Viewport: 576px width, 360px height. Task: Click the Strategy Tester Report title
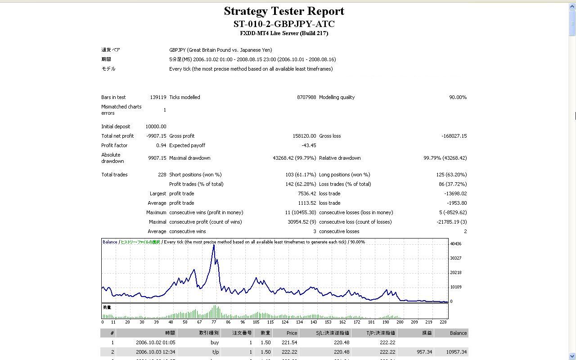(x=284, y=11)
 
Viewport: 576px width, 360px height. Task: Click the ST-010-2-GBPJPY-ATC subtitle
(x=284, y=24)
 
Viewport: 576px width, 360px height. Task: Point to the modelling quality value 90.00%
(x=458, y=97)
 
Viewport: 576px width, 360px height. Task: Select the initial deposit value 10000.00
(x=156, y=126)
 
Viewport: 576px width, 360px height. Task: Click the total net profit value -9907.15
(x=156, y=136)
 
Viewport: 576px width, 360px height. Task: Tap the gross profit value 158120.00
(x=304, y=136)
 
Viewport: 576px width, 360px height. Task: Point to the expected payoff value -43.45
(x=309, y=145)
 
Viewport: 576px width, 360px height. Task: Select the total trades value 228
(x=162, y=175)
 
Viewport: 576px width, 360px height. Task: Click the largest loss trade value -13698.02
(x=455, y=193)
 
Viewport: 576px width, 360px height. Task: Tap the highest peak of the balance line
(x=214, y=245)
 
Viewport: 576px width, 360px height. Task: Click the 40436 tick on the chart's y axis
(x=455, y=244)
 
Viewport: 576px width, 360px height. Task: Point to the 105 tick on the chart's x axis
(x=256, y=322)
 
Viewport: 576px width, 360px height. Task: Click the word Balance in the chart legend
(x=110, y=242)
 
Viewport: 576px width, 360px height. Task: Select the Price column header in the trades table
(x=292, y=333)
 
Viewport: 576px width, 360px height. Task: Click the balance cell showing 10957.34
(x=456, y=352)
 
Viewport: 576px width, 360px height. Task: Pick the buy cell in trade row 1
(x=215, y=342)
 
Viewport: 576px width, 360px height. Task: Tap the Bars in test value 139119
(x=158, y=97)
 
